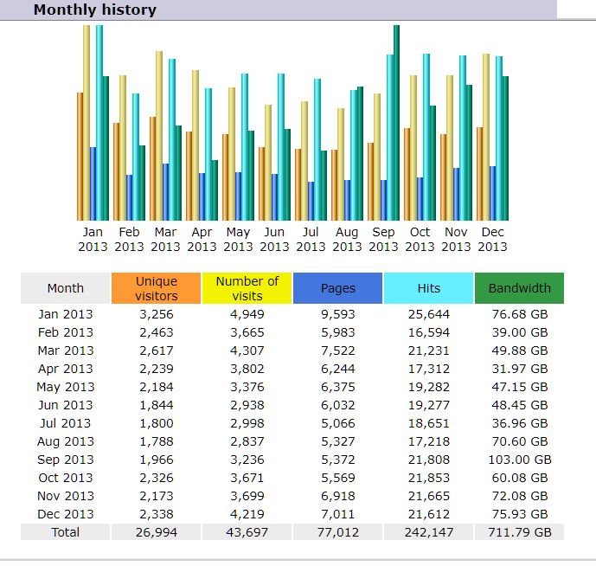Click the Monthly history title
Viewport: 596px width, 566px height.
point(95,10)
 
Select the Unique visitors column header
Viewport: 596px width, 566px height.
point(157,288)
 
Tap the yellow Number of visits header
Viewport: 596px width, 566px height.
point(247,288)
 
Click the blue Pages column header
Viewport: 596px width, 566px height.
point(337,288)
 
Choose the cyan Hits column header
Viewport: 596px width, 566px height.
point(428,288)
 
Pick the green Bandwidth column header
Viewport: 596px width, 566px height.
point(519,288)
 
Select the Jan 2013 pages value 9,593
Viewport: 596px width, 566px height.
point(337,314)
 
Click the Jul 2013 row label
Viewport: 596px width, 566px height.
point(65,423)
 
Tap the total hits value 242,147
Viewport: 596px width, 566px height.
point(428,532)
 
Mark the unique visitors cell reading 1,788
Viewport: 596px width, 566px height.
point(157,441)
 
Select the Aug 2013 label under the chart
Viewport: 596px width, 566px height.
point(347,239)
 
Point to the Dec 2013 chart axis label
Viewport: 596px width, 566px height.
point(492,239)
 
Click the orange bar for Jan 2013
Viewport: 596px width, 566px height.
point(80,156)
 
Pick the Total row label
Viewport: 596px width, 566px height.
point(65,532)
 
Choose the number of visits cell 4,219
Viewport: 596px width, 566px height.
point(247,514)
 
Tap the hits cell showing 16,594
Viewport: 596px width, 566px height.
point(428,332)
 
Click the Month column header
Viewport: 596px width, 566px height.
point(65,288)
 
